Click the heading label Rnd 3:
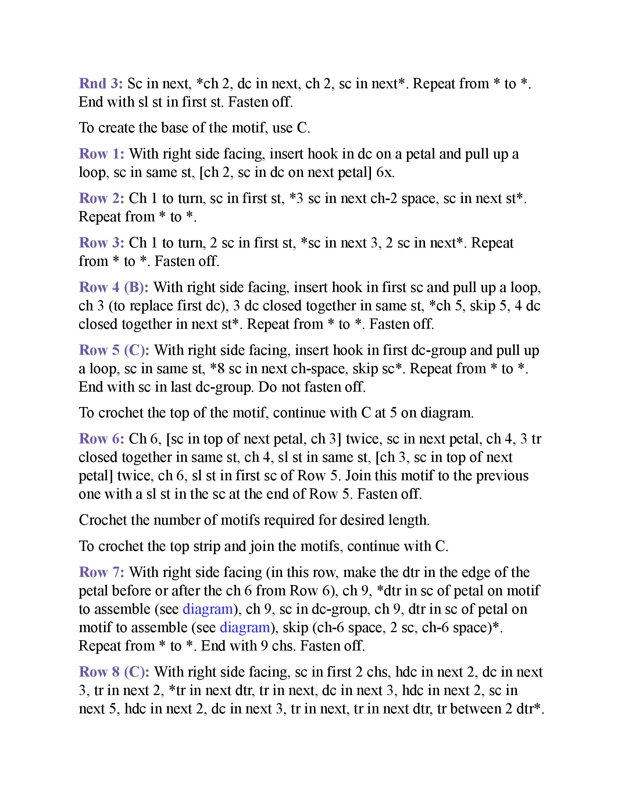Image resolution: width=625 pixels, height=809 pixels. point(101,84)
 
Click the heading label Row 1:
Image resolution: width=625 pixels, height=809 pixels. point(102,154)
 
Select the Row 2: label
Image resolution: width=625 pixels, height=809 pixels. point(102,199)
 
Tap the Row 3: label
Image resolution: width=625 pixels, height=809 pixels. point(102,243)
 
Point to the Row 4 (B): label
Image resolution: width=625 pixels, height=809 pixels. point(114,288)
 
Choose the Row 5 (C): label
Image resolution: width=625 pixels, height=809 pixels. point(114,350)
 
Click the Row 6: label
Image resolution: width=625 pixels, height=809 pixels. point(102,439)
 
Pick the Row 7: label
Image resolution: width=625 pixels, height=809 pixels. point(102,572)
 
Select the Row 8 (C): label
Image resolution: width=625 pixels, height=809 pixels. point(114,672)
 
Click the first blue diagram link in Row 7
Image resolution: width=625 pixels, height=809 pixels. point(208,609)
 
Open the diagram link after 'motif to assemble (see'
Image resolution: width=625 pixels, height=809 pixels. point(245,627)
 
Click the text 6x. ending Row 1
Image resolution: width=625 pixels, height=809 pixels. point(385,172)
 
